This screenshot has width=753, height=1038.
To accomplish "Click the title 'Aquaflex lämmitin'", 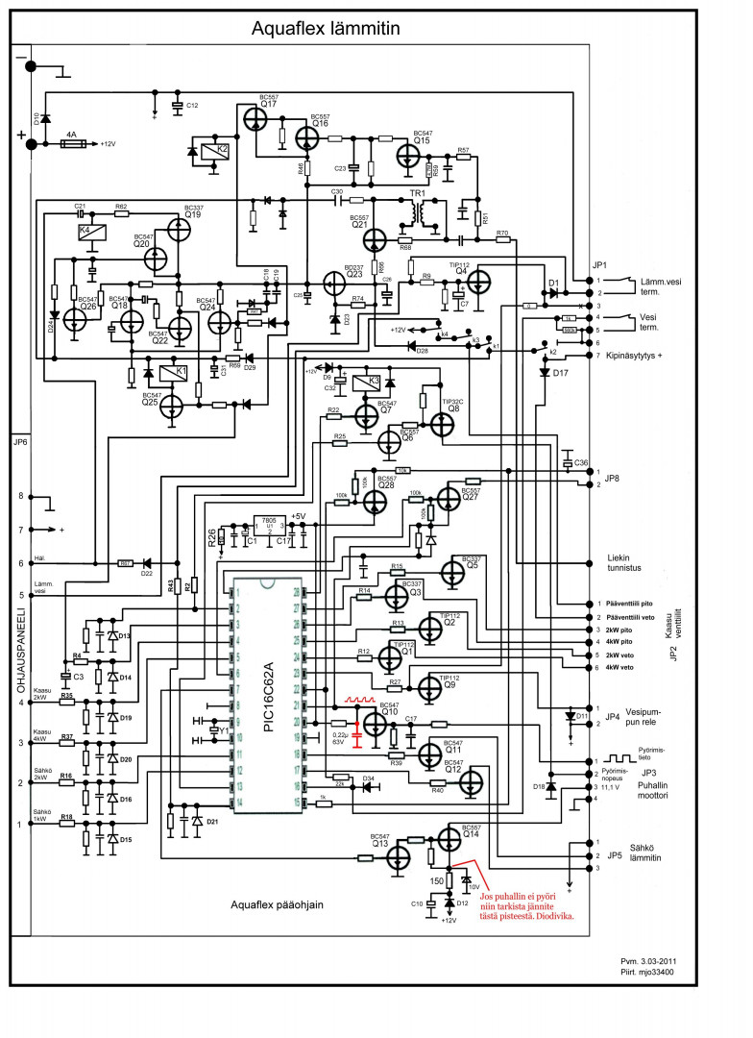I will [x=325, y=29].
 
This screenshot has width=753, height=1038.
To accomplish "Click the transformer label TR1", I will [x=417, y=193].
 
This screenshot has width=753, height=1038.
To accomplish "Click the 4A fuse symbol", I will [x=70, y=144].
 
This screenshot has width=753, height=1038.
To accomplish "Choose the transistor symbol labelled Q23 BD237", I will [x=334, y=283].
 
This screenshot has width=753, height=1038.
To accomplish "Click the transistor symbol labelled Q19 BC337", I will [x=179, y=231].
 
